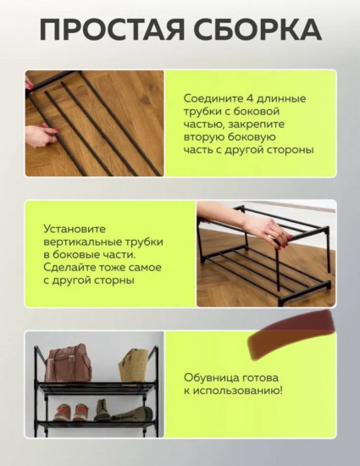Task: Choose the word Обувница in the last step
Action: (x=211, y=377)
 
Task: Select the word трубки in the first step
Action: (x=203, y=112)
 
